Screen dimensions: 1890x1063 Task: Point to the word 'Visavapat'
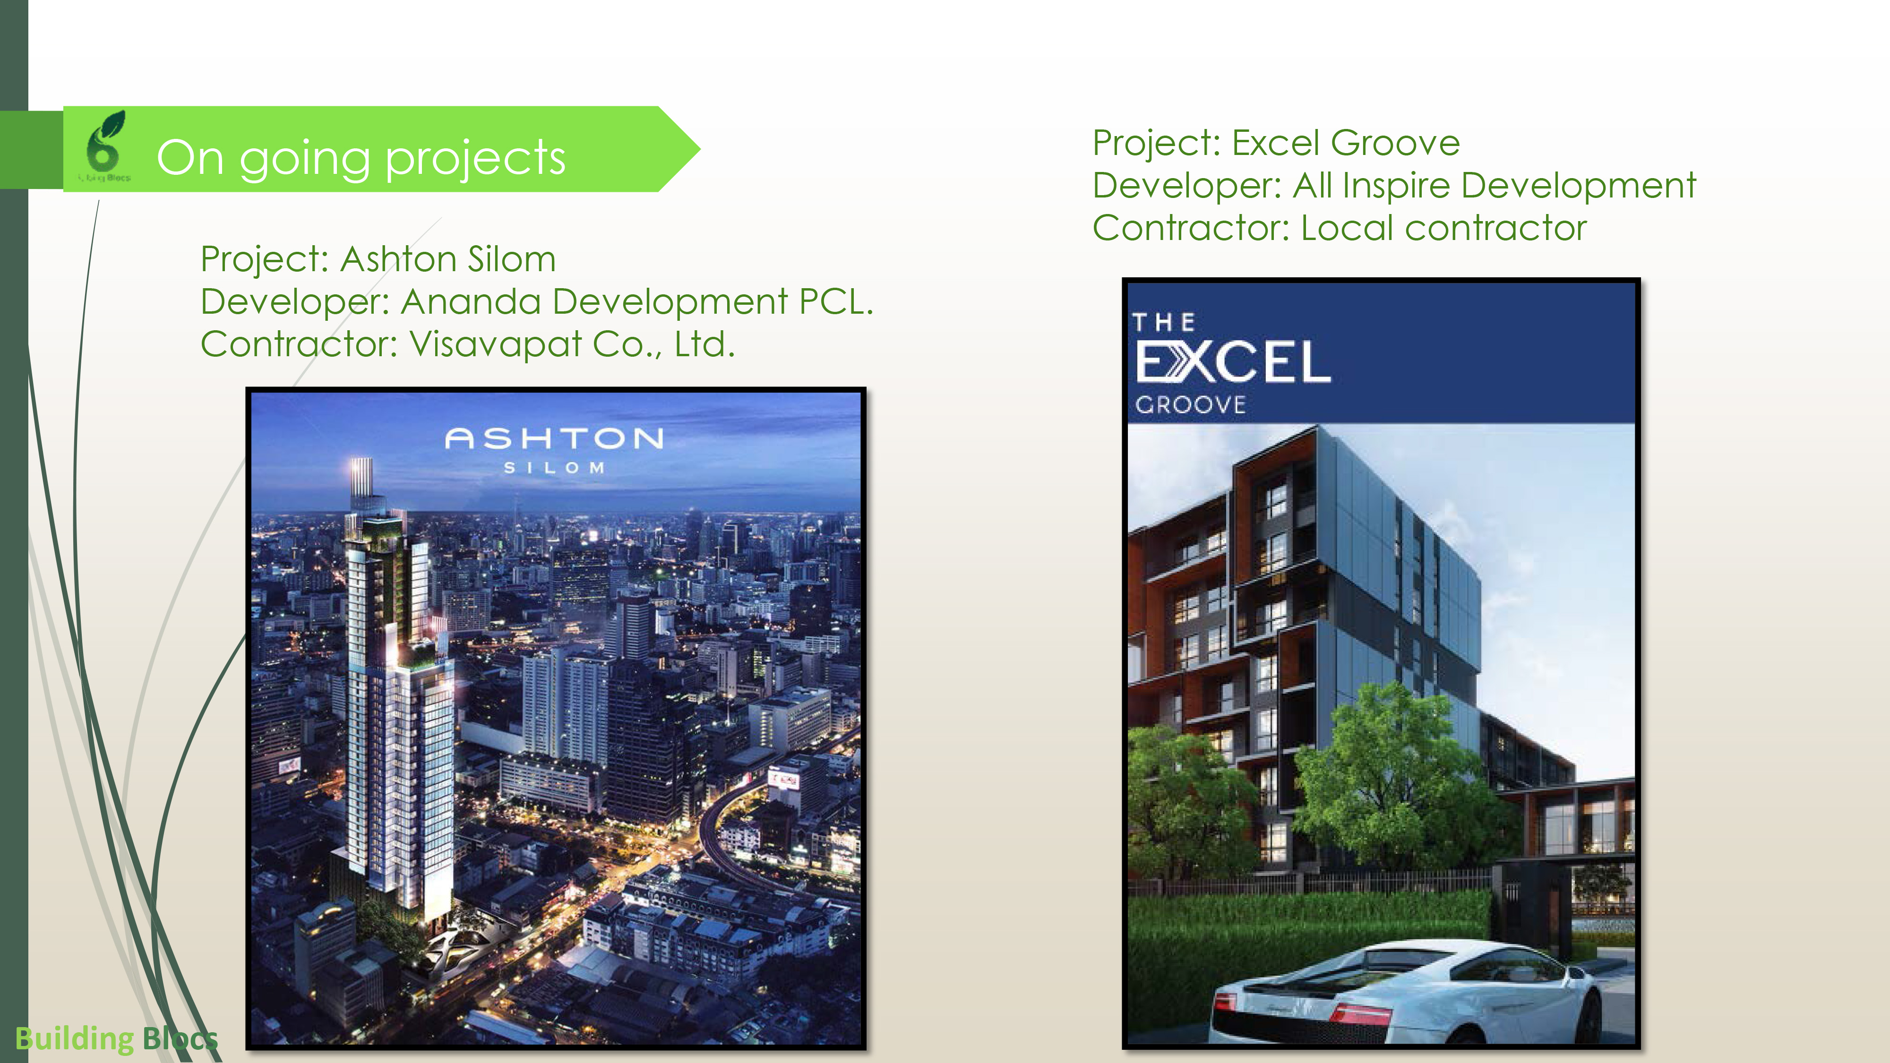coord(495,344)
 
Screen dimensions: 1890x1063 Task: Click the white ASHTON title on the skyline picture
coord(554,439)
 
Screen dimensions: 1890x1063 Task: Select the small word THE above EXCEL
coord(1164,322)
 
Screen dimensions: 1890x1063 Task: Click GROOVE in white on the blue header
coord(1190,405)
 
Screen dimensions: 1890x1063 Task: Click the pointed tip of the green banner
coord(699,149)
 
